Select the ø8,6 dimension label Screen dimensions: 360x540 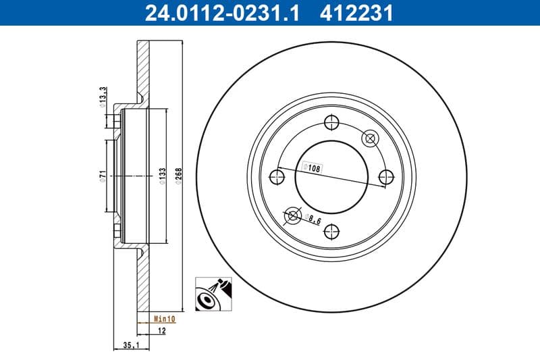313,218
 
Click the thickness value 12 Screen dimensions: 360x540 163,330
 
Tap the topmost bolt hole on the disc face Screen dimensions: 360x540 331,122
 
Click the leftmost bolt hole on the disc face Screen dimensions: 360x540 276,177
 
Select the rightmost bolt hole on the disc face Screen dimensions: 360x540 385,177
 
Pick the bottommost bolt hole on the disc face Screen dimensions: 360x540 331,232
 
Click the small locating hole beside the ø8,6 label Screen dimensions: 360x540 292,215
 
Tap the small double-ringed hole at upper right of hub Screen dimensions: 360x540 369,138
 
